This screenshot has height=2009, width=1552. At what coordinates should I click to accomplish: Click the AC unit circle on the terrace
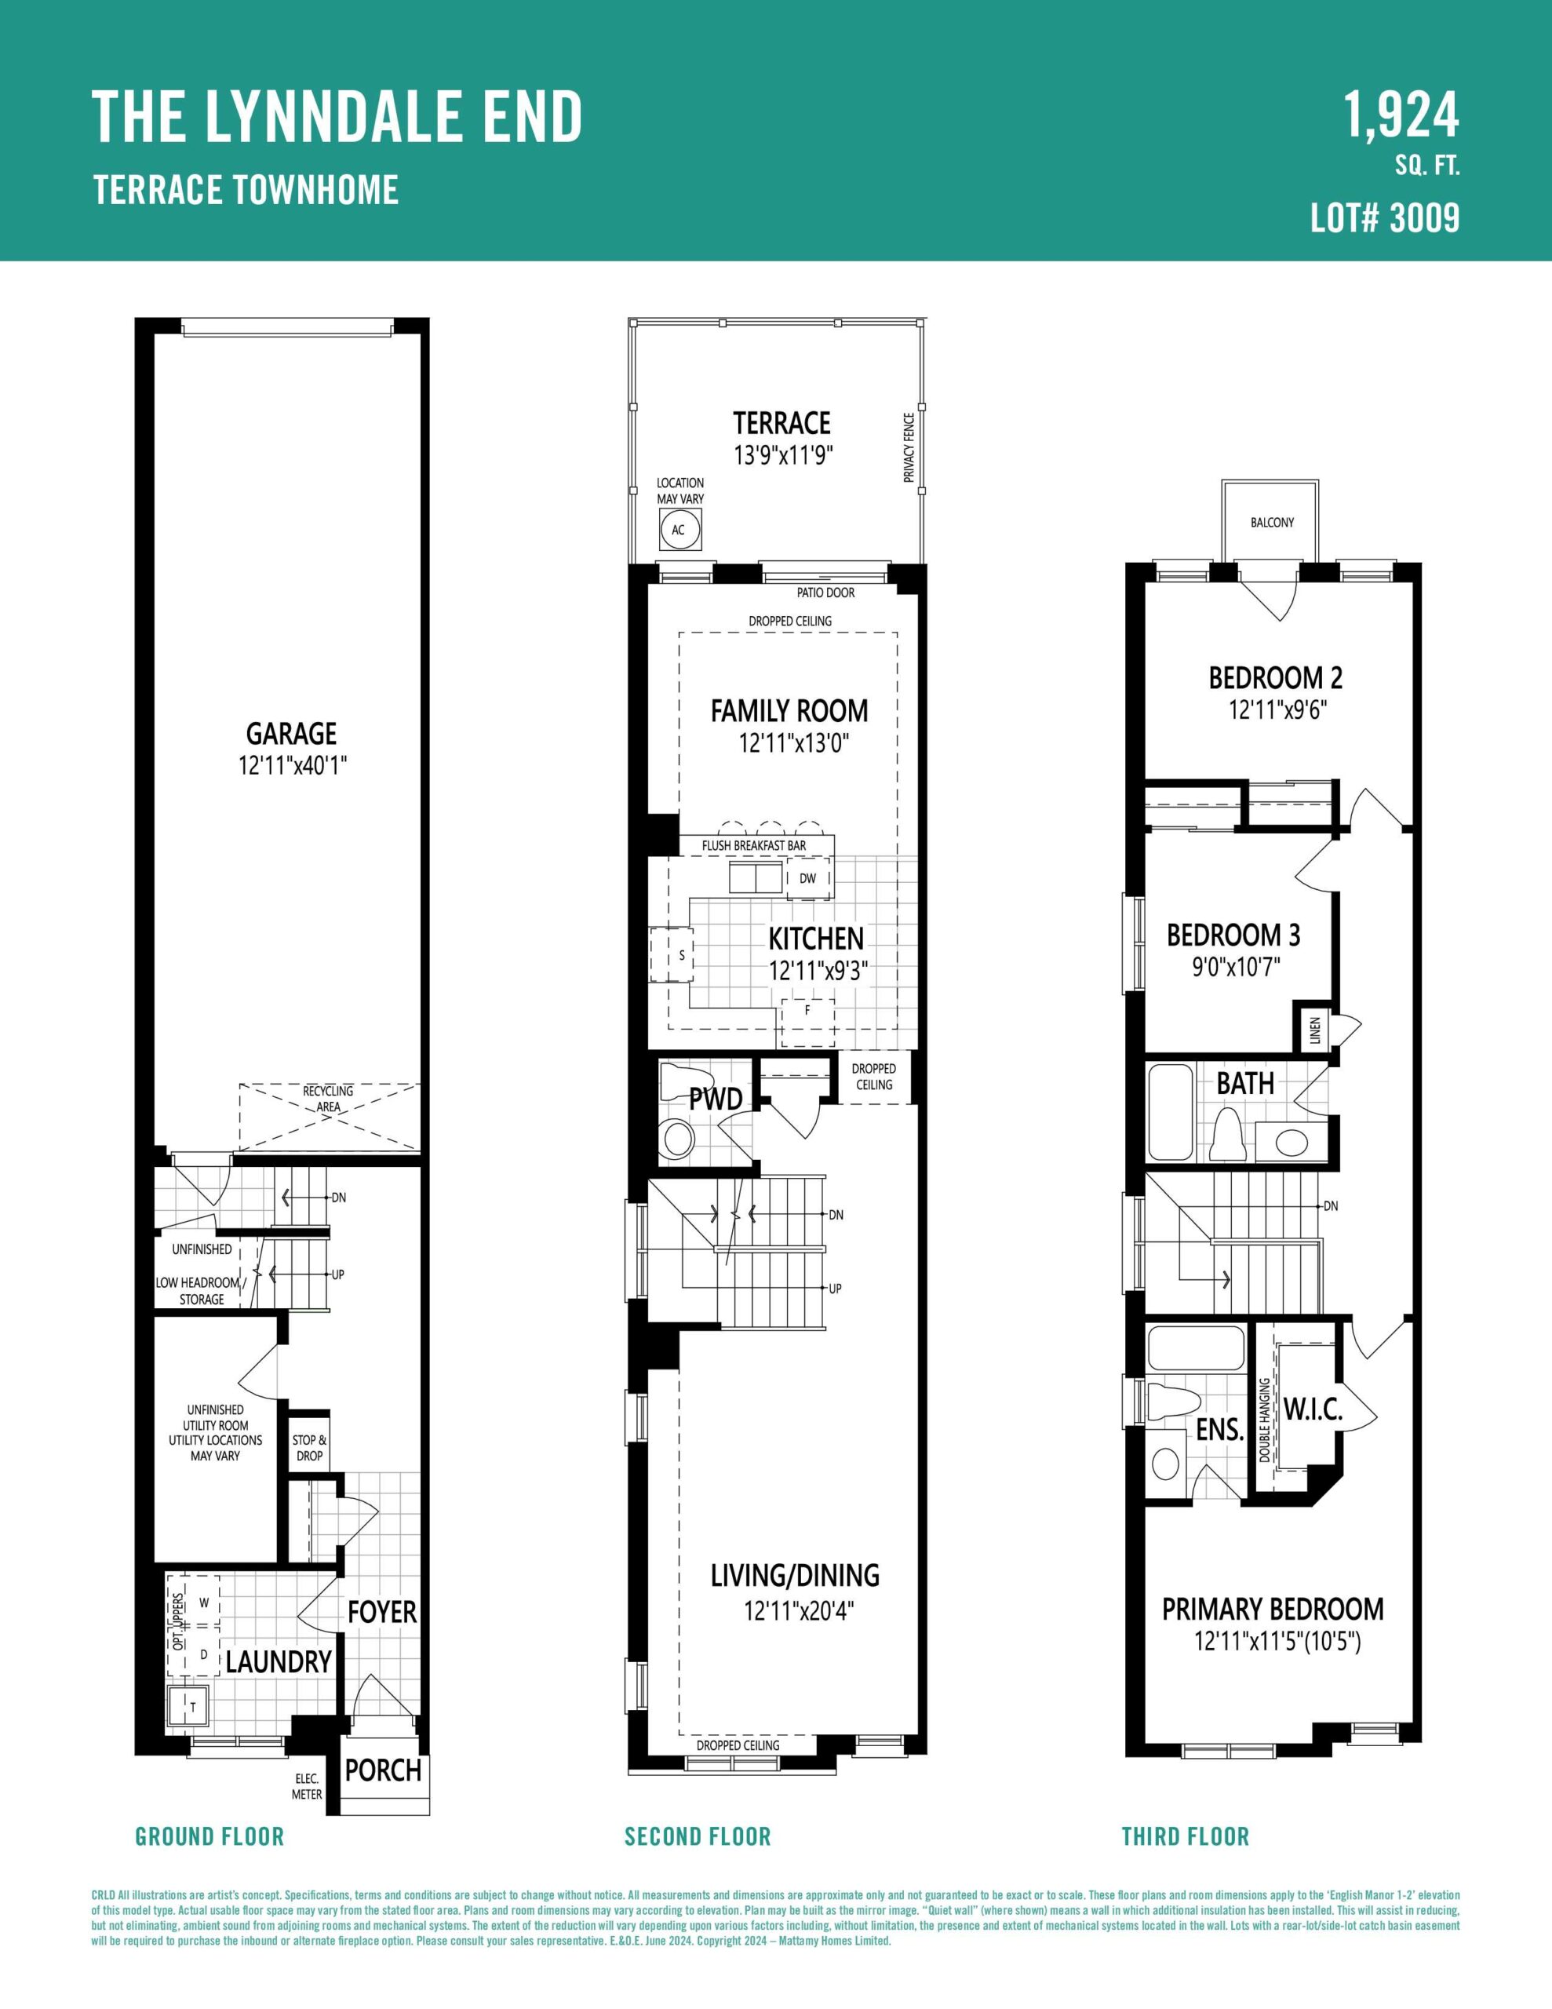coord(679,530)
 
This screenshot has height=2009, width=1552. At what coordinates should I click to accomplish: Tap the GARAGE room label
coord(292,733)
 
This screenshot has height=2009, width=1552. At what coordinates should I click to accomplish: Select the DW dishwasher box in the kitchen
coord(807,878)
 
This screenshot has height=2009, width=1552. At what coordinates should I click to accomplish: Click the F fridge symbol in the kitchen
coord(807,1010)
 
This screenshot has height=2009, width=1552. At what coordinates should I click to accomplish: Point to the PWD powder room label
coord(716,1099)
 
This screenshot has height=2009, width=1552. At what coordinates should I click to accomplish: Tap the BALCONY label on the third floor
coord(1273,523)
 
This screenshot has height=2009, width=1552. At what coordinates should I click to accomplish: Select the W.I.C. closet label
coord(1313,1409)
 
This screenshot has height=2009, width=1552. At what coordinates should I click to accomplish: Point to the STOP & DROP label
coord(309,1448)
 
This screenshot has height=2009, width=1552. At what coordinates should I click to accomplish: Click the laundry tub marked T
coord(188,1706)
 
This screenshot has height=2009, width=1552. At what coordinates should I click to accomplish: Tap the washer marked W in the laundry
coord(203,1602)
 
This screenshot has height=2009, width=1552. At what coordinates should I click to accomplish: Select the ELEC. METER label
coord(308,1788)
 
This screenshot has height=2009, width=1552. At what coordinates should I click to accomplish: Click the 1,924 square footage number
coord(1402,116)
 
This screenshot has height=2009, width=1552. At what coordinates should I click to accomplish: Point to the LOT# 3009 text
coord(1386,219)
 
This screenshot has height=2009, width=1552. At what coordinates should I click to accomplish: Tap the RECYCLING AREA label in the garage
coord(329,1099)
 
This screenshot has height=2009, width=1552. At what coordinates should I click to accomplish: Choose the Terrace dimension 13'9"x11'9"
coord(782,455)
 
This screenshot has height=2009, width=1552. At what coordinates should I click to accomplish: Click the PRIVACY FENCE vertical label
coord(909,448)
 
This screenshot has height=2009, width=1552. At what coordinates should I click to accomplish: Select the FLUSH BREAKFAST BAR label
coord(753,845)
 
